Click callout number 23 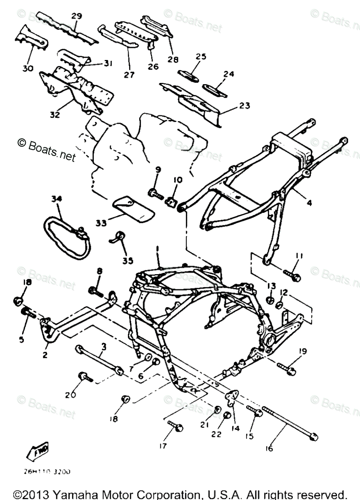[x=244, y=106]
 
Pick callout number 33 [x=101, y=223]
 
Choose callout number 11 [x=299, y=256]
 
